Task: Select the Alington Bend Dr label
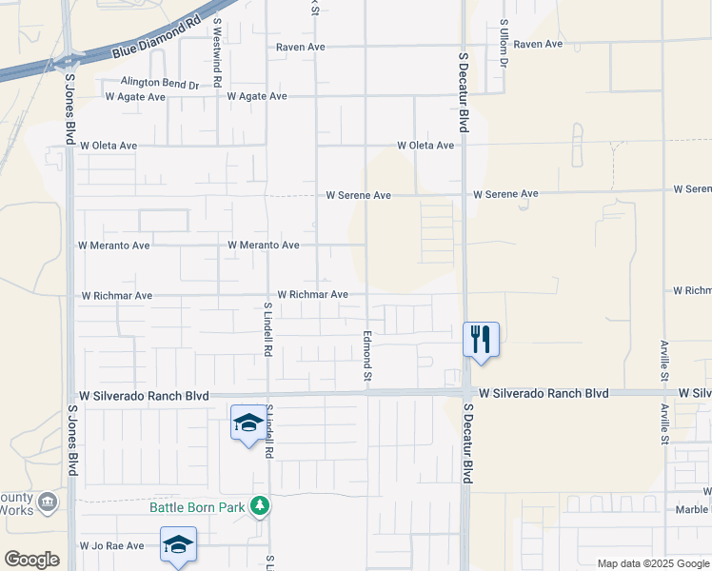click(x=160, y=84)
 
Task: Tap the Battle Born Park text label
click(x=197, y=506)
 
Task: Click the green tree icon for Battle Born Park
click(x=257, y=505)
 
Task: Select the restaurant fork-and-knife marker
click(x=481, y=338)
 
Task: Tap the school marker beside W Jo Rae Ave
click(x=178, y=544)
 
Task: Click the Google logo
click(x=31, y=560)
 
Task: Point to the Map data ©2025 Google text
click(x=653, y=563)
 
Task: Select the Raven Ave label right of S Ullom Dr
click(x=538, y=44)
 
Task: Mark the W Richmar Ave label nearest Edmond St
click(x=312, y=295)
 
